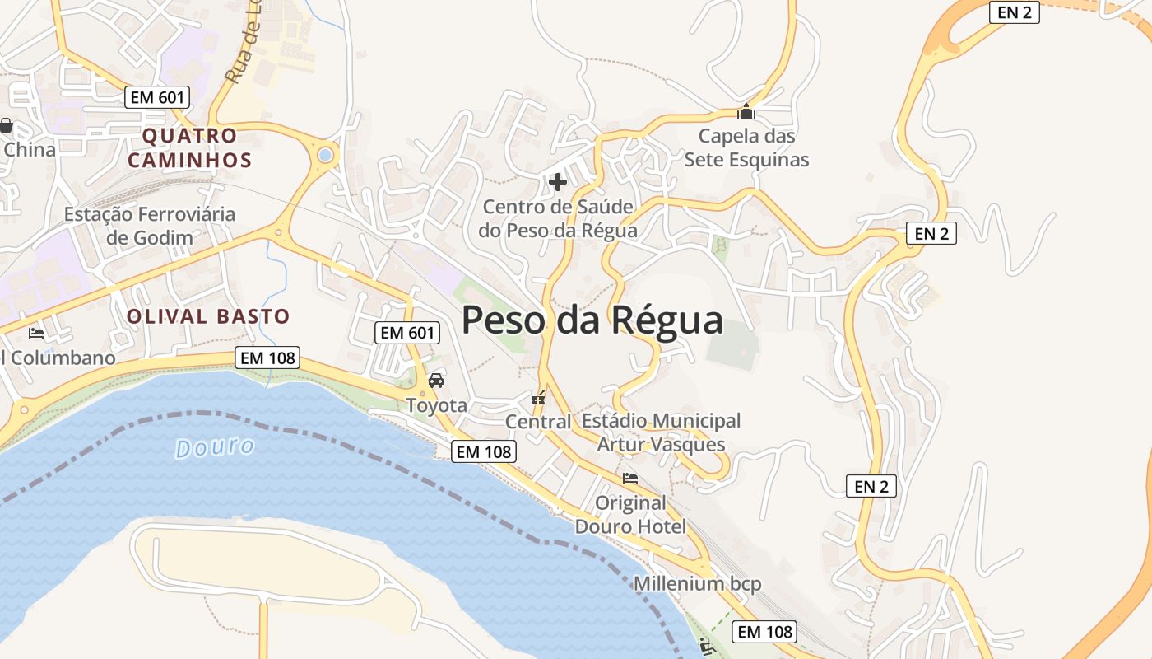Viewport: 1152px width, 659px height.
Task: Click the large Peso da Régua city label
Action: click(592, 320)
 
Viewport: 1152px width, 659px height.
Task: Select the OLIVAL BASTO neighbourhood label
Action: click(208, 316)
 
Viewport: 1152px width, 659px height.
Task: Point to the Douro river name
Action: click(215, 447)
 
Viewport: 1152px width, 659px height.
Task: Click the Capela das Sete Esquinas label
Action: click(746, 147)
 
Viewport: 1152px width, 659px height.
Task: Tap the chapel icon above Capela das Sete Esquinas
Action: click(746, 111)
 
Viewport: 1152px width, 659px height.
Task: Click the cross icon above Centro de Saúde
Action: click(558, 181)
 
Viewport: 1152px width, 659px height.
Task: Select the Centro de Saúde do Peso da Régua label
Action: click(558, 218)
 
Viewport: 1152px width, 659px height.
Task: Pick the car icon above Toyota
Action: click(436, 381)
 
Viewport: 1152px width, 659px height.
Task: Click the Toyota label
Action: click(436, 405)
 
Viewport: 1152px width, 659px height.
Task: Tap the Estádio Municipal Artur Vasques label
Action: click(661, 432)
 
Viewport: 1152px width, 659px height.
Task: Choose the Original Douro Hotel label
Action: click(630, 514)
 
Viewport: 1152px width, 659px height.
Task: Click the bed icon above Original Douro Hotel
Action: click(630, 478)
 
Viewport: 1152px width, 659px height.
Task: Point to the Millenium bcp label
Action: click(697, 584)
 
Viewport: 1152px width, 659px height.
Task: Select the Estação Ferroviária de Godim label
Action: click(150, 226)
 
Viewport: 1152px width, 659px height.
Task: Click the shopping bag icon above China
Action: click(6, 126)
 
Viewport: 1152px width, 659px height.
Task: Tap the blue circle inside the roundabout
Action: click(326, 154)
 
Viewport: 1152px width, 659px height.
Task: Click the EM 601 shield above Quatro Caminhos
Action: click(158, 97)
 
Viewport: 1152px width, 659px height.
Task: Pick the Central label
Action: click(538, 422)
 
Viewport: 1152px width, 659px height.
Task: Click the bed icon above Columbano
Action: click(36, 334)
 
